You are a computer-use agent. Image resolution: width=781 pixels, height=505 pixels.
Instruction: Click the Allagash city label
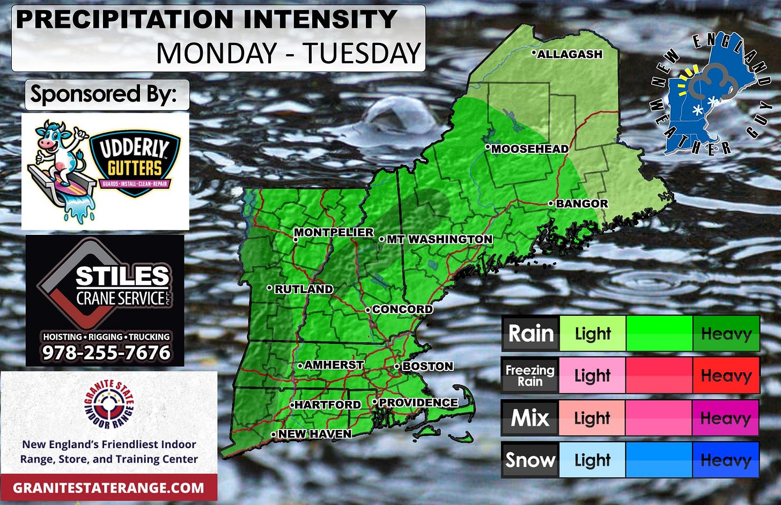[x=570, y=54]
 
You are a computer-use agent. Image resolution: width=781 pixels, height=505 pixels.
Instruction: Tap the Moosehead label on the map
[x=530, y=149]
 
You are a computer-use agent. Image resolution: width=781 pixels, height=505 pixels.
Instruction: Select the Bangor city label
[x=581, y=204]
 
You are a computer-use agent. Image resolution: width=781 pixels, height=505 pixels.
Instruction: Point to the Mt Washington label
[x=439, y=239]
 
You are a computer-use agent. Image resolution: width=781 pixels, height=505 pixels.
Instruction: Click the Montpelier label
[x=334, y=233]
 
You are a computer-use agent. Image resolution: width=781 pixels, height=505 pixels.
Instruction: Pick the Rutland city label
[x=304, y=289]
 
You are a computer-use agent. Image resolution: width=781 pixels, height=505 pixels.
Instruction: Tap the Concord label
[x=402, y=309]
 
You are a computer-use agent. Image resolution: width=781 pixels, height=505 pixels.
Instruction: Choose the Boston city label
[x=428, y=366]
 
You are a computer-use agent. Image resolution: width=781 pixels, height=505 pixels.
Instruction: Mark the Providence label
[x=418, y=403]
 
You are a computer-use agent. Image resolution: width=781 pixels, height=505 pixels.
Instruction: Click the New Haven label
[x=315, y=434]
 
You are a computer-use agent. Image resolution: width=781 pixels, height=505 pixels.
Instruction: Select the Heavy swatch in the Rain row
[x=726, y=333]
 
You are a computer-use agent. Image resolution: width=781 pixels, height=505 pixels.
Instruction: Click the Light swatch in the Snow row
[x=592, y=460]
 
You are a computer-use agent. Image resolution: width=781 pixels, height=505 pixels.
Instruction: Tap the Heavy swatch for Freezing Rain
[x=726, y=375]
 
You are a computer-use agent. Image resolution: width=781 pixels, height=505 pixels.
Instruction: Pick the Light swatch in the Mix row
[x=592, y=418]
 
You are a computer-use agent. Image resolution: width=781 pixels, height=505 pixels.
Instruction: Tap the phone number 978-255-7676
[x=106, y=353]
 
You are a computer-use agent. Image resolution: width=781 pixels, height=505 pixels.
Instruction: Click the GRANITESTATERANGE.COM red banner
[x=109, y=488]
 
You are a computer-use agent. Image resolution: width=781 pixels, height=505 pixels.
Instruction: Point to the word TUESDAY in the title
[x=362, y=54]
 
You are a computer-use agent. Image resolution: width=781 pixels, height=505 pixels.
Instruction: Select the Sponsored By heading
[x=104, y=94]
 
